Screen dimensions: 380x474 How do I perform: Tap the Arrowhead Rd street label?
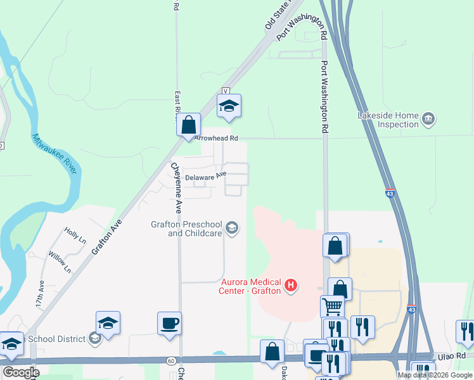click(216, 137)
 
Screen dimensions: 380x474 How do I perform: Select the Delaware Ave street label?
click(205, 175)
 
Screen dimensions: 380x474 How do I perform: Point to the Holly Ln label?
click(75, 235)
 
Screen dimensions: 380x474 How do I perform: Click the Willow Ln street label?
click(60, 261)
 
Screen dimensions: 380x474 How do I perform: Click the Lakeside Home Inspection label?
click(388, 120)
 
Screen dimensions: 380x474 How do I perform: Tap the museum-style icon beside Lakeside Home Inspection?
click(429, 118)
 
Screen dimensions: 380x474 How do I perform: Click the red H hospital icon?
click(291, 286)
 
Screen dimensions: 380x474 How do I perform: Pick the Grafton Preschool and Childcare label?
click(186, 229)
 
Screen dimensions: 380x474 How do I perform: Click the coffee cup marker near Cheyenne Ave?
click(170, 324)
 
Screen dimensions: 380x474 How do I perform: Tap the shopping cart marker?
click(332, 307)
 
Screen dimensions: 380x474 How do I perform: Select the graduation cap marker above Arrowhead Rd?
click(229, 106)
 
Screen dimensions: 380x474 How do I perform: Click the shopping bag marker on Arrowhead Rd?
click(189, 124)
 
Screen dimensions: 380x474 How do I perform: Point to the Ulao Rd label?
click(446, 357)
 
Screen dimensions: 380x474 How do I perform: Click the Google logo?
click(22, 372)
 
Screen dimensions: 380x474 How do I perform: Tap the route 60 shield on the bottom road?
click(171, 360)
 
